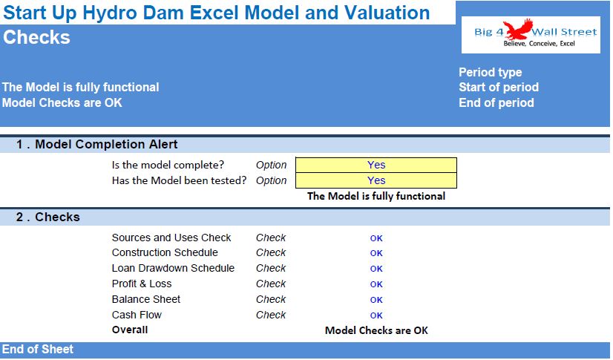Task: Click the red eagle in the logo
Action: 518,29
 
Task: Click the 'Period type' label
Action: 491,72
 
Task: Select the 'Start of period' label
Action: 499,87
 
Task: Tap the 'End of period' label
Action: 496,102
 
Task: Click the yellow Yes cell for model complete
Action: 376,165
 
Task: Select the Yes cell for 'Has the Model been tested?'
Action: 376,180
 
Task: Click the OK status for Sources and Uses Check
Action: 376,238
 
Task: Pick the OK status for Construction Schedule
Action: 376,253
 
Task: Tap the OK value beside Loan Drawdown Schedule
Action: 376,269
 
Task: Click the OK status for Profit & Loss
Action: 376,284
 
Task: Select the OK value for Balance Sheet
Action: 376,300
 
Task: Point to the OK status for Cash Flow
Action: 376,315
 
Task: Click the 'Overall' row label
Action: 130,330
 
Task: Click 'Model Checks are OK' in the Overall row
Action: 376,331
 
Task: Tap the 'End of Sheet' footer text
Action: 38,349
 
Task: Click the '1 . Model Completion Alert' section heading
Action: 97,144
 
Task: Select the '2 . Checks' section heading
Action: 47,217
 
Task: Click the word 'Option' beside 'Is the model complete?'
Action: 272,166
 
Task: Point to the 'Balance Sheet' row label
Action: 145,299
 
